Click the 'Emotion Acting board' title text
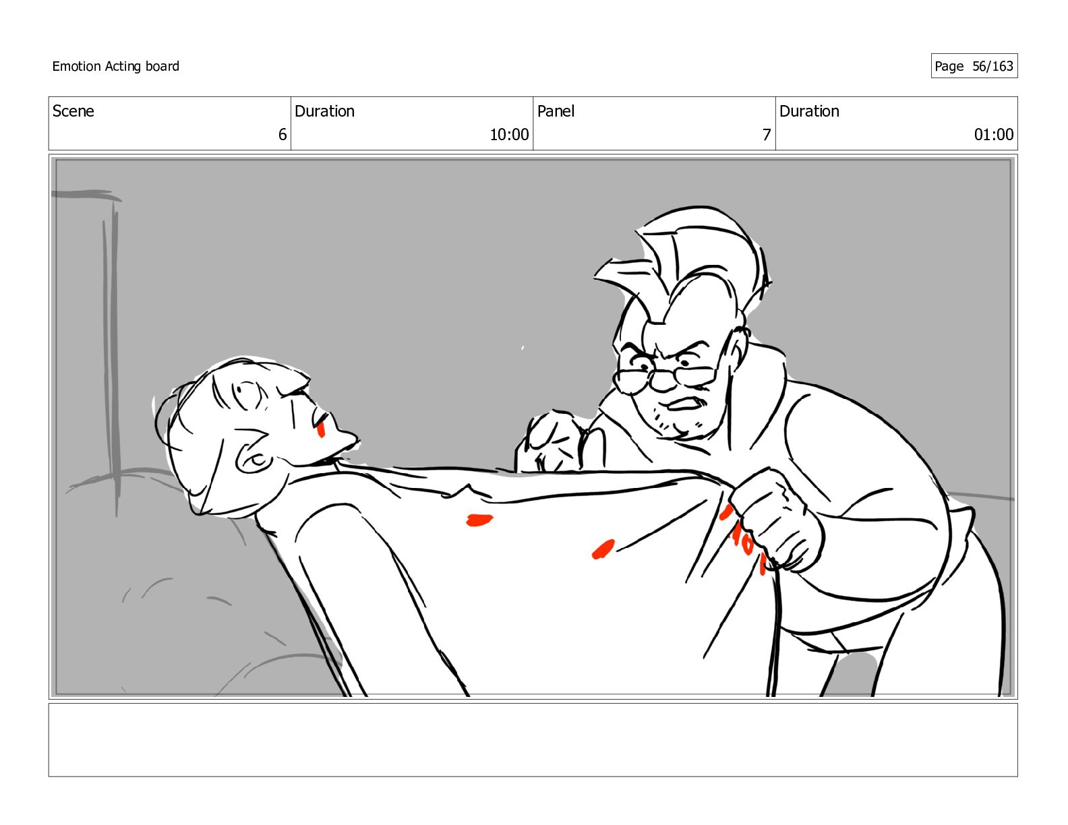click(115, 66)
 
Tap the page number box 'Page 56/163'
click(974, 66)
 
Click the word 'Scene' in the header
click(73, 111)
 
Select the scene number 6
click(282, 135)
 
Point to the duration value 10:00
click(509, 135)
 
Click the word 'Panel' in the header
click(556, 111)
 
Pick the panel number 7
click(767, 135)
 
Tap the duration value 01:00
click(994, 135)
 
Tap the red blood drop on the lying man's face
click(321, 430)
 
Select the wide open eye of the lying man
click(247, 394)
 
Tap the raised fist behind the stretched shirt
click(553, 442)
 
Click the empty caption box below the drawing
click(533, 740)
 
